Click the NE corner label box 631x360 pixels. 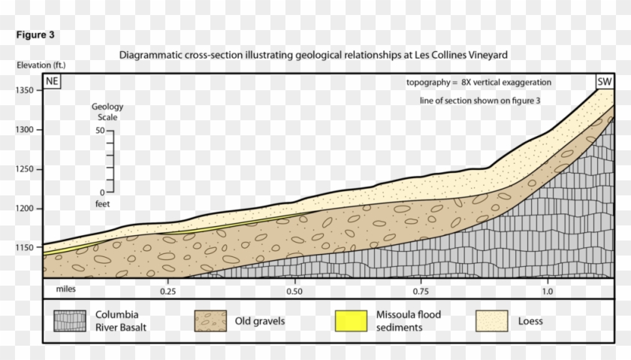tap(50, 82)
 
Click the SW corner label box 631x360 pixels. tap(604, 82)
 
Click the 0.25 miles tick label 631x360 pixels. tap(168, 290)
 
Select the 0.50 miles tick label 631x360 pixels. tap(294, 290)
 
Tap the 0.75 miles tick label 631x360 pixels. tap(420, 290)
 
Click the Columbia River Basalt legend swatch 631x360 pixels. tap(69, 320)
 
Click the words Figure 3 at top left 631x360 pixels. tap(35, 35)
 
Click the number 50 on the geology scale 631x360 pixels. tap(99, 132)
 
